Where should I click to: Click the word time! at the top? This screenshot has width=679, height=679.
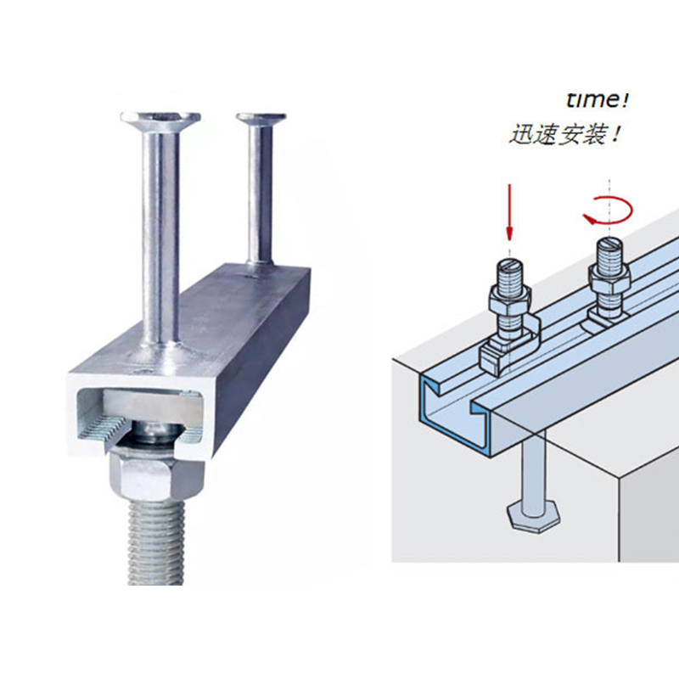598,100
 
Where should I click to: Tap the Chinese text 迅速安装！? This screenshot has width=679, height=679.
564,134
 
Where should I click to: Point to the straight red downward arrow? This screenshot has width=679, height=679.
510,212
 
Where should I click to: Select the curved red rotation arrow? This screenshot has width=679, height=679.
609,210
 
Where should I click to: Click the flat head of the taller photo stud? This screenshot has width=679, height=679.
160,118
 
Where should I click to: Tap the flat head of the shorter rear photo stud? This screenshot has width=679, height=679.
261,117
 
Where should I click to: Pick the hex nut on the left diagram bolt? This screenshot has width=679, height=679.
508,299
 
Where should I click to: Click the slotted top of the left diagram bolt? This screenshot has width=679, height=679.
511,264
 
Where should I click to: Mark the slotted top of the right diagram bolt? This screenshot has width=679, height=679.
609,243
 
